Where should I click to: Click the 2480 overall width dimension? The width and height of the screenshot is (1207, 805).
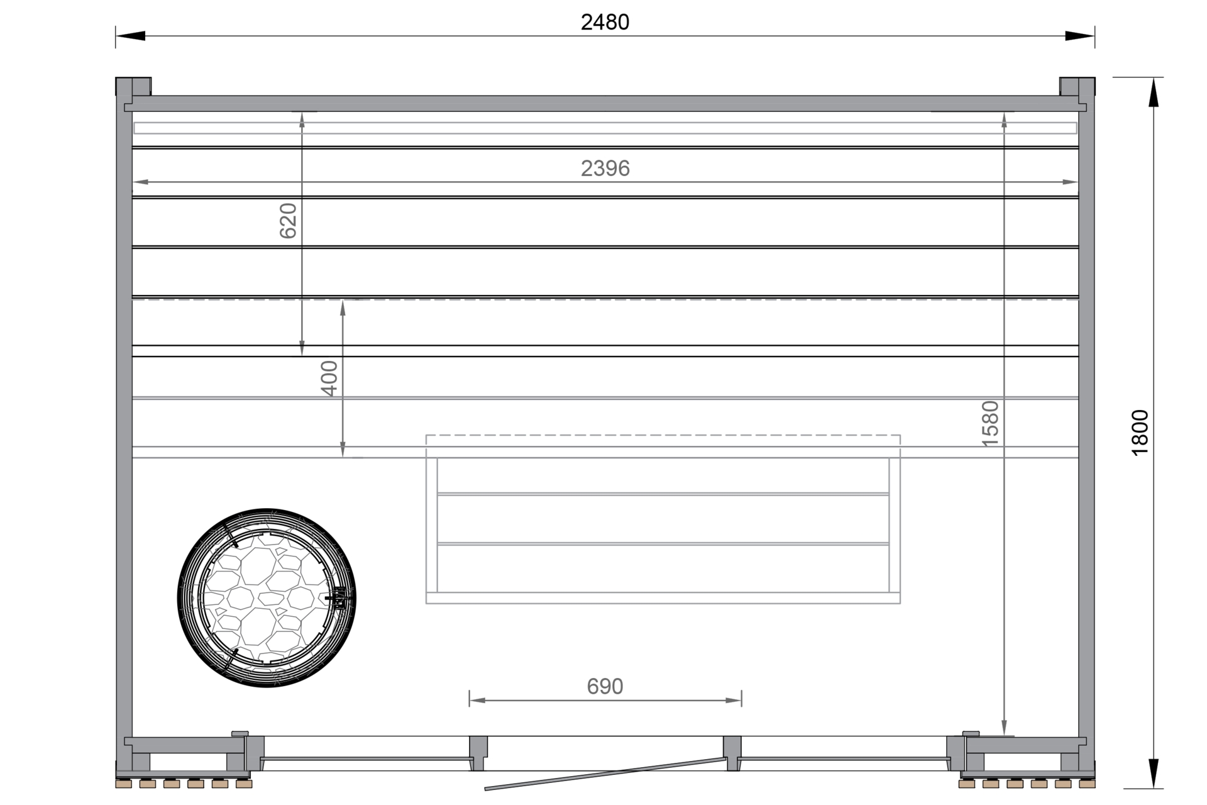click(x=605, y=23)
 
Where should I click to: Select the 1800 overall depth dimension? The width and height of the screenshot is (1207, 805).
click(x=1140, y=433)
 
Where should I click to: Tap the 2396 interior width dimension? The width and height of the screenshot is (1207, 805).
click(x=605, y=169)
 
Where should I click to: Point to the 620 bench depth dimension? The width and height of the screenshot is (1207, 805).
click(x=288, y=221)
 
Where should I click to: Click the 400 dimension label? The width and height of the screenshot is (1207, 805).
click(x=329, y=378)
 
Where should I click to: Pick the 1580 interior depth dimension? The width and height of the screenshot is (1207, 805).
click(x=990, y=424)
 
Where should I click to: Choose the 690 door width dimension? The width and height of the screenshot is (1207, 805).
click(x=605, y=686)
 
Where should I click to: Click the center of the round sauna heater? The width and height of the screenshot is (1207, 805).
click(x=267, y=597)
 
